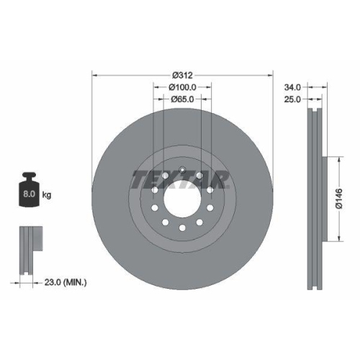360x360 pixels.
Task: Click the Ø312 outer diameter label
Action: [x=183, y=75]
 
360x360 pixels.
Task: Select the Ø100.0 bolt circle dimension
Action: [x=183, y=87]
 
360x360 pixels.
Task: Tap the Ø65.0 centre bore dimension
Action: [x=183, y=100]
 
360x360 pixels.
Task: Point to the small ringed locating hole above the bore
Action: [x=183, y=171]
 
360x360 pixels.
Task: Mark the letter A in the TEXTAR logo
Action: [x=206, y=179]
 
